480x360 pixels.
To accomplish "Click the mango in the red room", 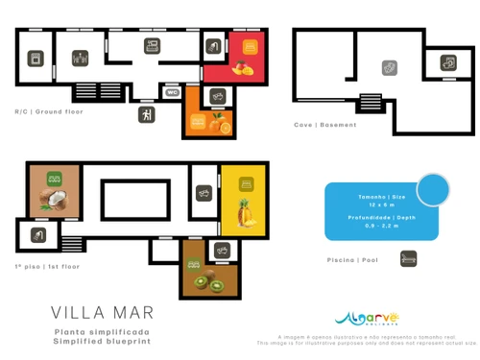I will tap(241, 68).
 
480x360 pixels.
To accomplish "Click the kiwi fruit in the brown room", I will tap(207, 282).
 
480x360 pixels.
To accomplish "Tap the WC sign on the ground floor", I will tap(172, 93).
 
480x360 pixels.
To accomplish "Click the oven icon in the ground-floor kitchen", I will tap(36, 59).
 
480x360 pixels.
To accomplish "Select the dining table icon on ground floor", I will tap(81, 58).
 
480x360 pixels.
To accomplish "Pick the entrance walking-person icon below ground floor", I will tap(146, 115).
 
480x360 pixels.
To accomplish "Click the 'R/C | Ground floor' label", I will tap(48, 111).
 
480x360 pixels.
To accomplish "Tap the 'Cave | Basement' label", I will tap(325, 125).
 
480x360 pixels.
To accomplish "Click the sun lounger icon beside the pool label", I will tap(408, 258).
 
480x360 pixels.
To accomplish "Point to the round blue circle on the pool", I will tap(433, 189).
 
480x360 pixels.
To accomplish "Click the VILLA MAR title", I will tap(102, 313).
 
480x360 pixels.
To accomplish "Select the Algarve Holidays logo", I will tap(367, 319).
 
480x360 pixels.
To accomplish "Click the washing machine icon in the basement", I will tap(389, 68).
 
